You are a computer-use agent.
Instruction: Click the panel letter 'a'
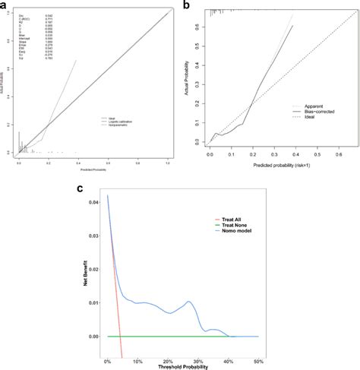[x=5, y=6]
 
